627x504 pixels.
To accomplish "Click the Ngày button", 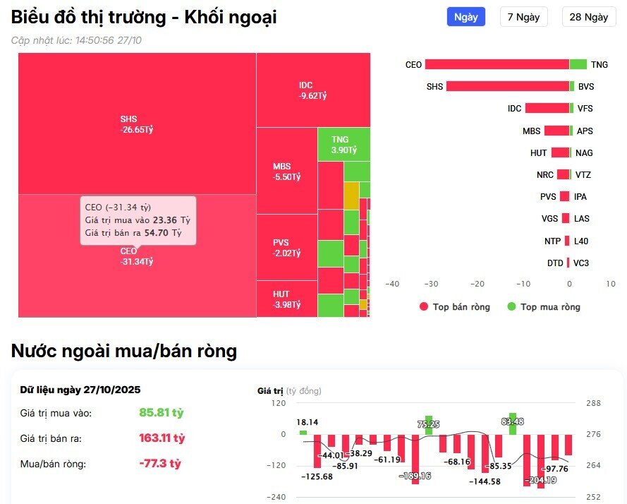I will pos(465,17).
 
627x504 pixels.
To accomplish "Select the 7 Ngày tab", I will pos(523,17).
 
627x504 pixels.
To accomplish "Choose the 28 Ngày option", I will pos(588,17).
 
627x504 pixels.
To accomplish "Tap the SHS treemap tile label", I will pos(137,124).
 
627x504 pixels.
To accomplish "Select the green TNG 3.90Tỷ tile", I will pos(344,145).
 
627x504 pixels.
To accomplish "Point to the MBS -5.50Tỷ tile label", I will pos(286,172).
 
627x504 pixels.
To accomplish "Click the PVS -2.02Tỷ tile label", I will pos(286,248).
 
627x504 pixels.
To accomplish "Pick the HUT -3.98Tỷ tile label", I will pos(286,299).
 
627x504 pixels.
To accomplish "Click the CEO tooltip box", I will pos(138,220).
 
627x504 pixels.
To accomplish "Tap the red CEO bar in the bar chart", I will pos(497,64).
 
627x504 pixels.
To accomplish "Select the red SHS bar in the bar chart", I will pos(507,86).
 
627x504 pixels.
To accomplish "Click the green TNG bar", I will pos(578,64).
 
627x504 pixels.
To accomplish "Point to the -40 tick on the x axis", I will pos(392,284).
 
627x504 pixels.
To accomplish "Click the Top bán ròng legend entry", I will pos(454,307).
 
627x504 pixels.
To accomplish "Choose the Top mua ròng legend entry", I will pos(544,307).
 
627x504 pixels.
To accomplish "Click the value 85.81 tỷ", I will pos(162,412).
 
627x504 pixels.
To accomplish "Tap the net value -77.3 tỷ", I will pos(160,464).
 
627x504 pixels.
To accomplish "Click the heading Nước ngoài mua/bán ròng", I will pos(124,351).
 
